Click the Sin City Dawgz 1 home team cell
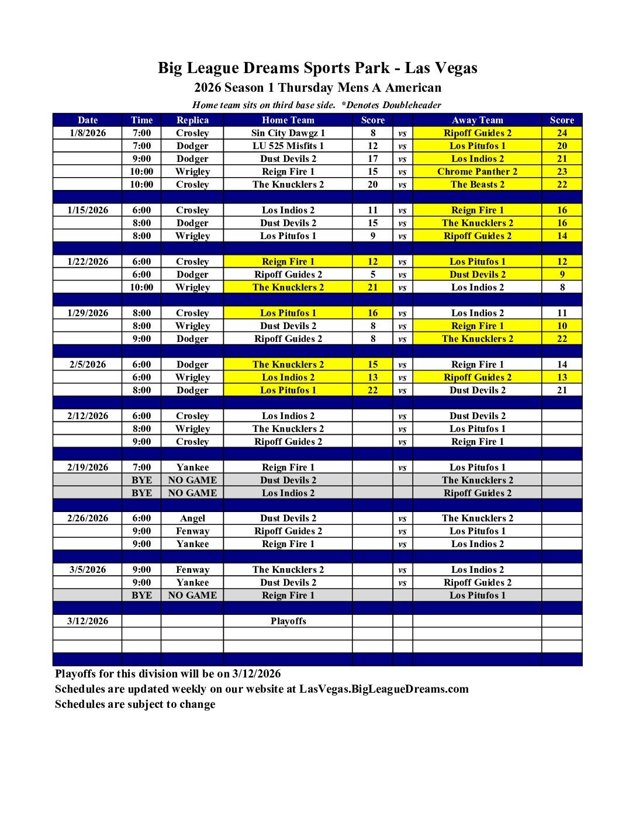pos(288,133)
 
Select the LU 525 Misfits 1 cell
pos(288,146)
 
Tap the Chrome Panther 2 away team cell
pos(477,172)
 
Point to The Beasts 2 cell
pos(477,185)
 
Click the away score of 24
pos(562,133)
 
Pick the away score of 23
pos(562,172)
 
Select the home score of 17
pos(372,159)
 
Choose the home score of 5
pos(372,275)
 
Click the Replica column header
pos(192,120)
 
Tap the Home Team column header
pos(288,120)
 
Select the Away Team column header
pos(477,120)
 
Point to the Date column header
pos(88,120)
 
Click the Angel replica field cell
pos(192,518)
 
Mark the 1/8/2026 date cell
pos(88,133)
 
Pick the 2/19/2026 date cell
pos(88,468)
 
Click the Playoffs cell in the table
pos(288,621)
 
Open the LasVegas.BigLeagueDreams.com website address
pos(383,689)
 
